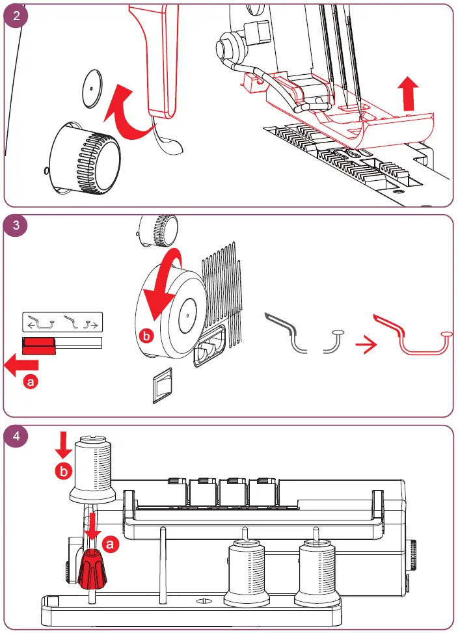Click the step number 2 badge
[x=16, y=16]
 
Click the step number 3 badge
[x=16, y=226]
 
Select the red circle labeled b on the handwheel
[x=148, y=336]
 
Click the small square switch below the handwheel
[x=164, y=388]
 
